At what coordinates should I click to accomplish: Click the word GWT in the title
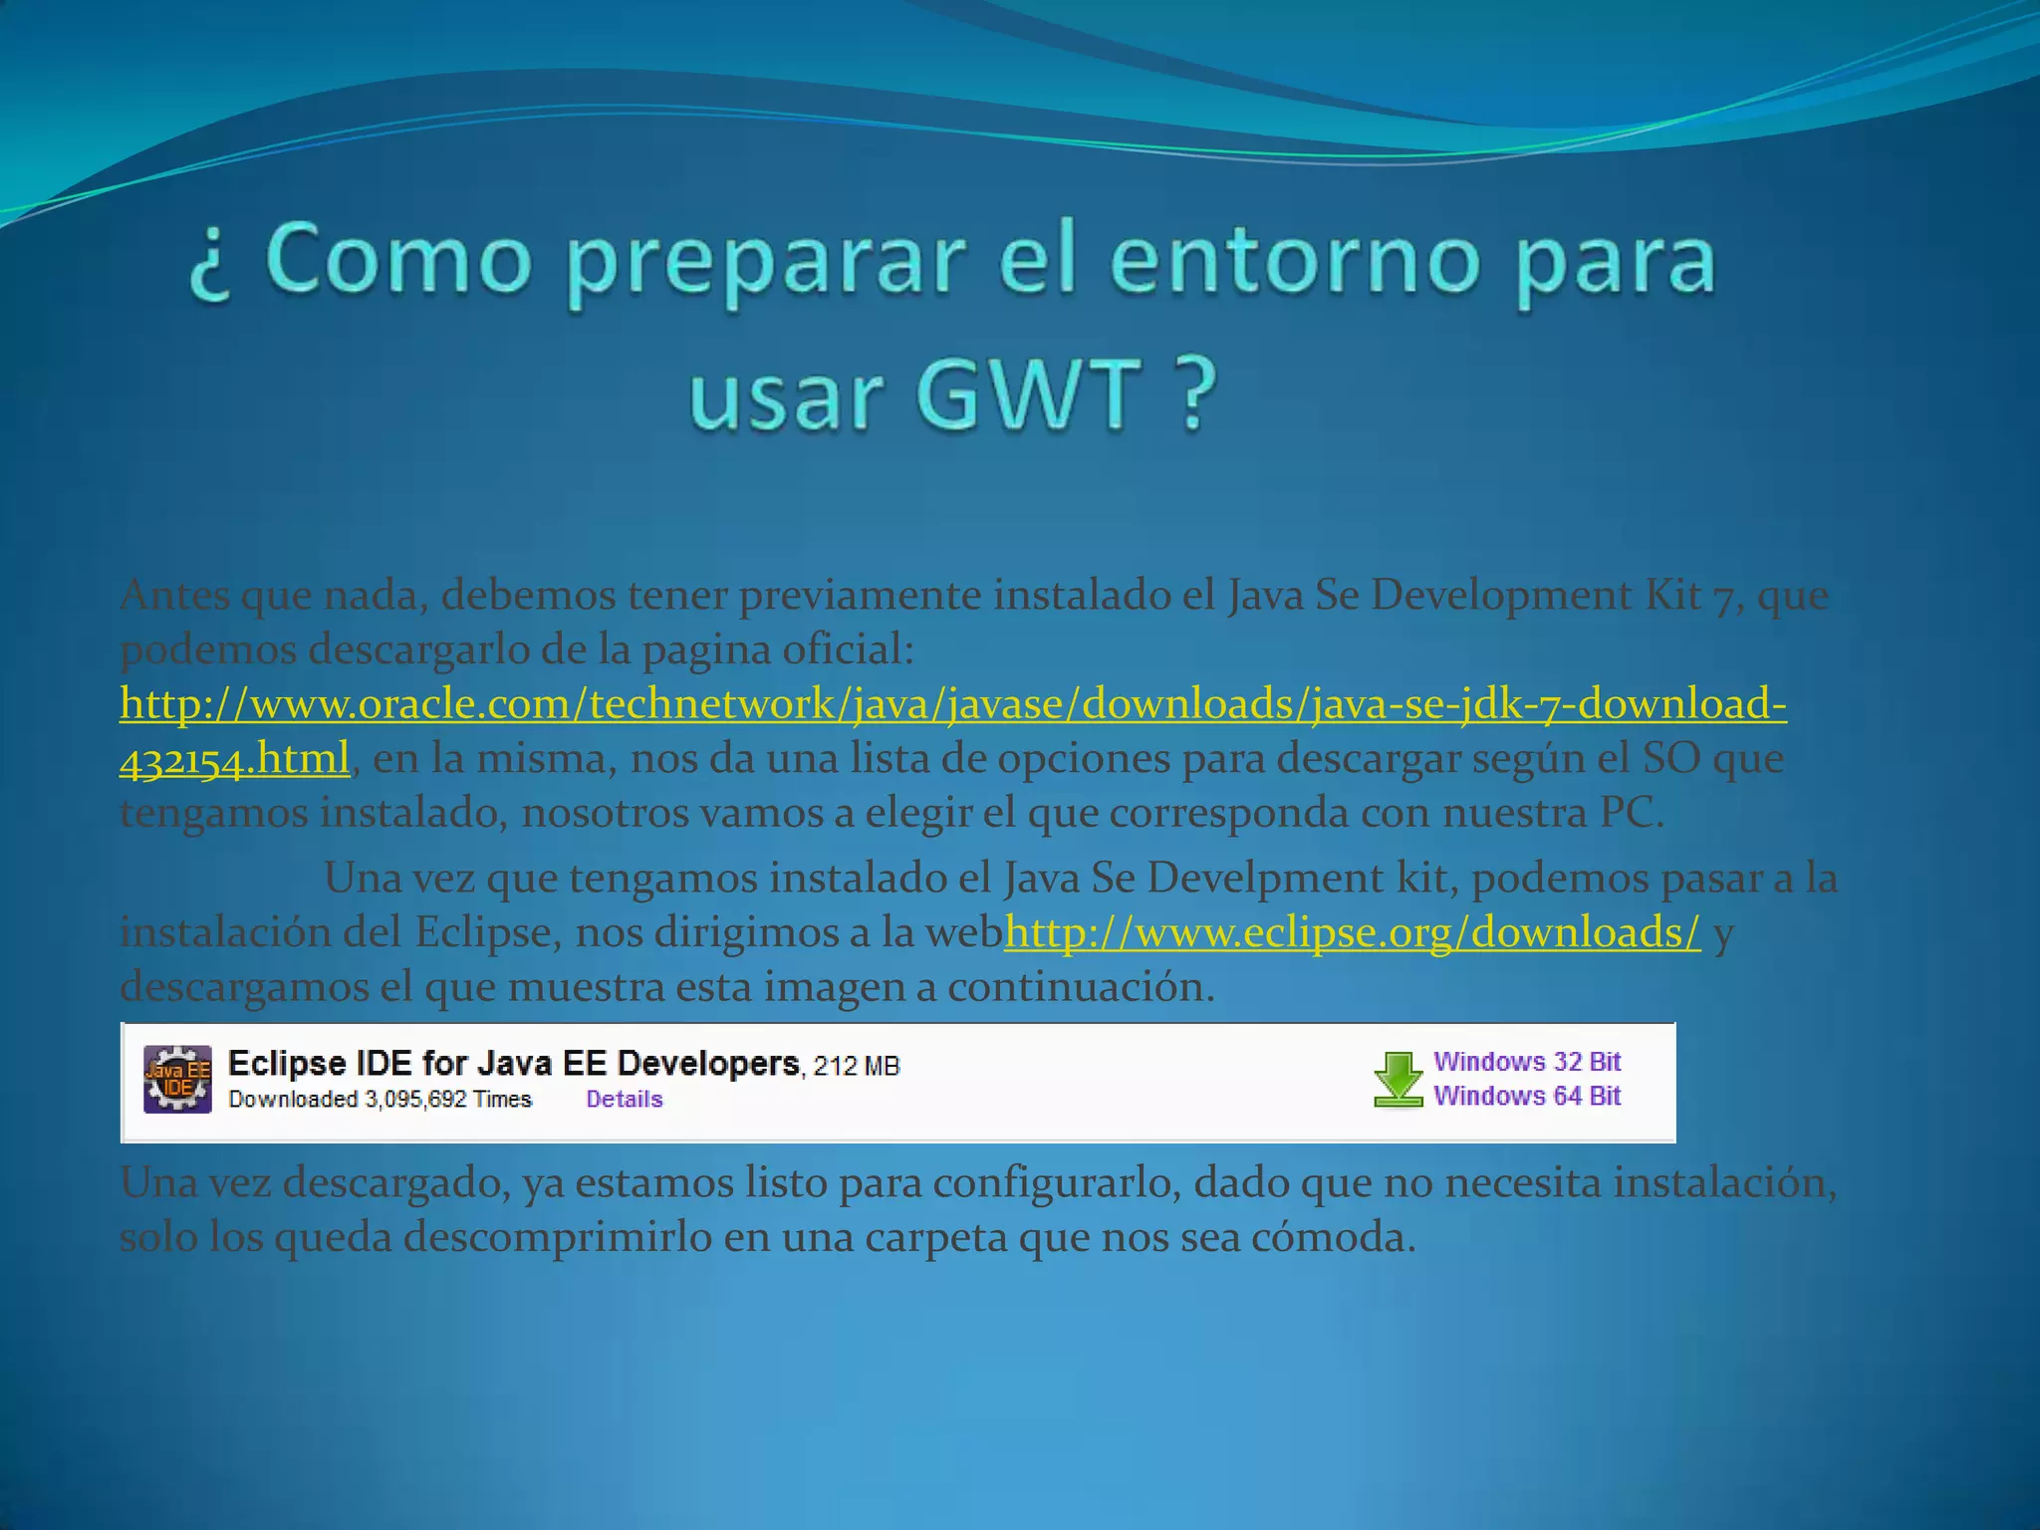click(1028, 395)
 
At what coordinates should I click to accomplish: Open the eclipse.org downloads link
click(1352, 932)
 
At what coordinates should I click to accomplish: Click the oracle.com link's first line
click(952, 704)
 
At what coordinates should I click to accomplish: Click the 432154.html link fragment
click(234, 759)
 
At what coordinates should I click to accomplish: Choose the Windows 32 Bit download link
click(1526, 1062)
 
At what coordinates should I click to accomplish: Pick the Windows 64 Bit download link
click(1526, 1096)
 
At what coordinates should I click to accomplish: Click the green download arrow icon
click(1398, 1079)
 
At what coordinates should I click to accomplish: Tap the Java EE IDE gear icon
click(177, 1079)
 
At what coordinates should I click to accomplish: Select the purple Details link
click(624, 1100)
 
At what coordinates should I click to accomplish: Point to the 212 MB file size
click(857, 1067)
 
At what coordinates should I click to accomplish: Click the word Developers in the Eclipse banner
click(708, 1064)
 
